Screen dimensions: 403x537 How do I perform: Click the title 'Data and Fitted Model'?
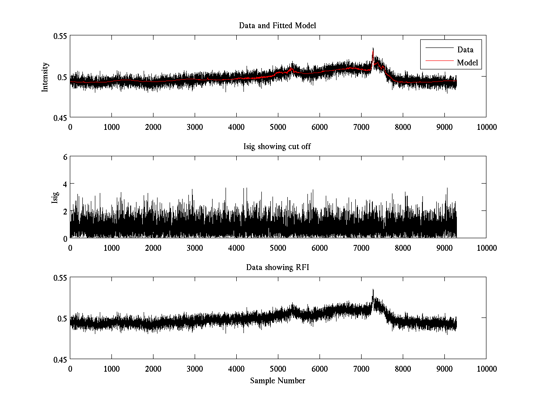pos(277,26)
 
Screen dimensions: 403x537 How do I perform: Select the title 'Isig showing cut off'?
pos(277,146)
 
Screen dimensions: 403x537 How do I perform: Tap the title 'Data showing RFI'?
pos(277,267)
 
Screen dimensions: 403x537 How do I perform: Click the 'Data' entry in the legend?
pos(465,50)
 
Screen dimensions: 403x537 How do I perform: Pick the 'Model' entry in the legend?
pos(467,62)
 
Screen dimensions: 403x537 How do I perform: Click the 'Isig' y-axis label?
pos(55,197)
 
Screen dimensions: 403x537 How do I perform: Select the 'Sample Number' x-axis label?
pos(277,381)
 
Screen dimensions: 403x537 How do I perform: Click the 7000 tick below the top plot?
pos(361,127)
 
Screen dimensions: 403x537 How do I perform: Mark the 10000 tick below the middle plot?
pos(486,248)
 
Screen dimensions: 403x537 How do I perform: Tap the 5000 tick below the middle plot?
pos(278,248)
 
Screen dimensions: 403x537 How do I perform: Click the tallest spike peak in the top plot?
pos(373,48)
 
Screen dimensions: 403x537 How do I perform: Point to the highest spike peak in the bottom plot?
pos(373,290)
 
